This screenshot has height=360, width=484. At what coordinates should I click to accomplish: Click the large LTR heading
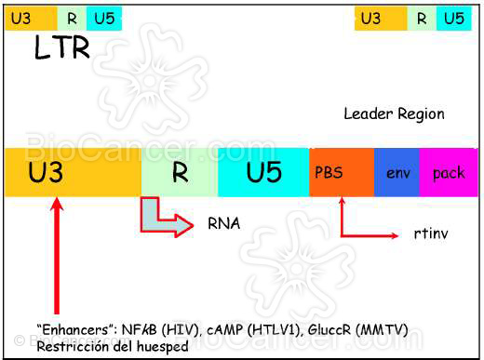61,47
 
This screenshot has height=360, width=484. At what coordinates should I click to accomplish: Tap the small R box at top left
72,18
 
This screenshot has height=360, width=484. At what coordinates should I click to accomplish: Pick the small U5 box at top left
102,18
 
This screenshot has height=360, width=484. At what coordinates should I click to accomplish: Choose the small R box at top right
422,18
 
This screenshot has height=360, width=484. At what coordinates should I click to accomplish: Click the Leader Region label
394,114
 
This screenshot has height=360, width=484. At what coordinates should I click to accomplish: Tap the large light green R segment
179,172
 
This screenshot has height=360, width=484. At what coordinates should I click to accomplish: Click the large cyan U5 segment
263,172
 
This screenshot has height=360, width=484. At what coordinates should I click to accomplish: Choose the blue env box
397,172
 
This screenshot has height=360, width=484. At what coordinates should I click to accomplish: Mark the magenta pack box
449,172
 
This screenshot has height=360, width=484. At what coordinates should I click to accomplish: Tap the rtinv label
431,233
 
